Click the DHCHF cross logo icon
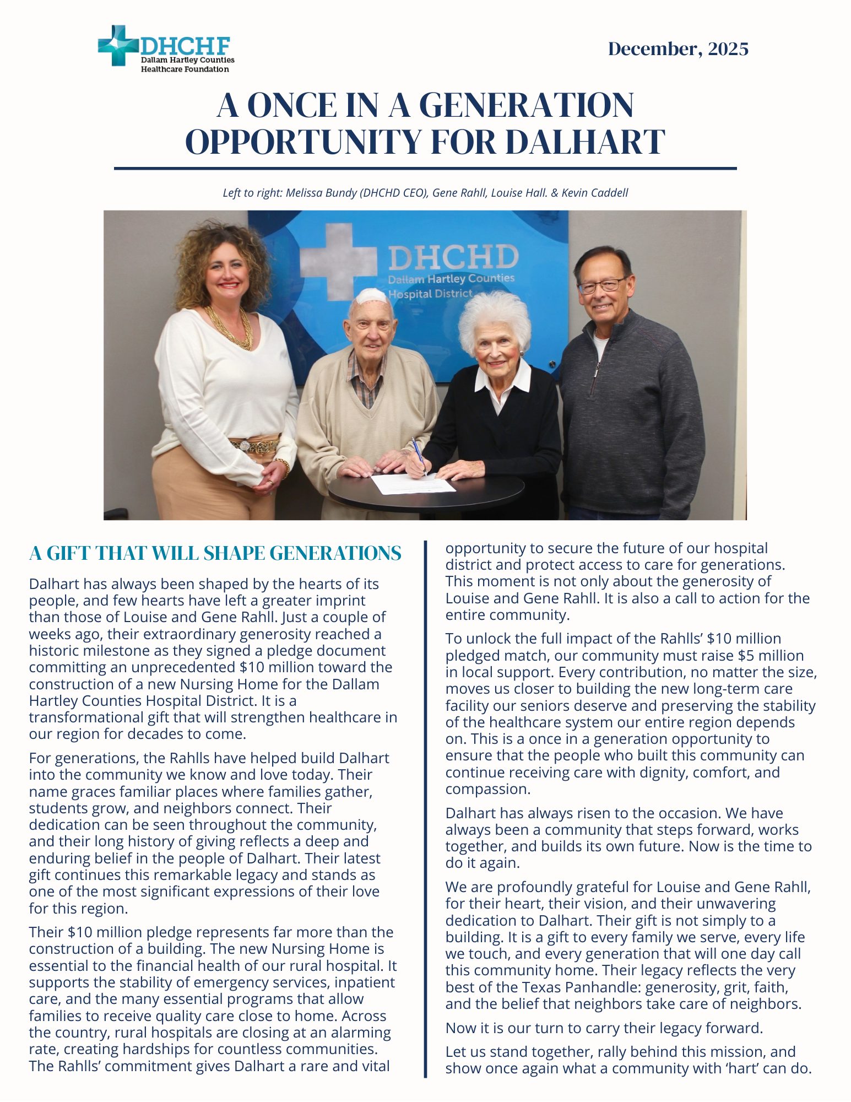[x=117, y=46]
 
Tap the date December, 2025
[x=678, y=49]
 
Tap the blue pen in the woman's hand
[x=418, y=454]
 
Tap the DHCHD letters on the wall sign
[x=453, y=257]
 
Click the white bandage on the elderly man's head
[x=372, y=297]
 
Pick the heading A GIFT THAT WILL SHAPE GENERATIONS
[x=215, y=553]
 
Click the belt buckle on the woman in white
[x=245, y=445]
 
